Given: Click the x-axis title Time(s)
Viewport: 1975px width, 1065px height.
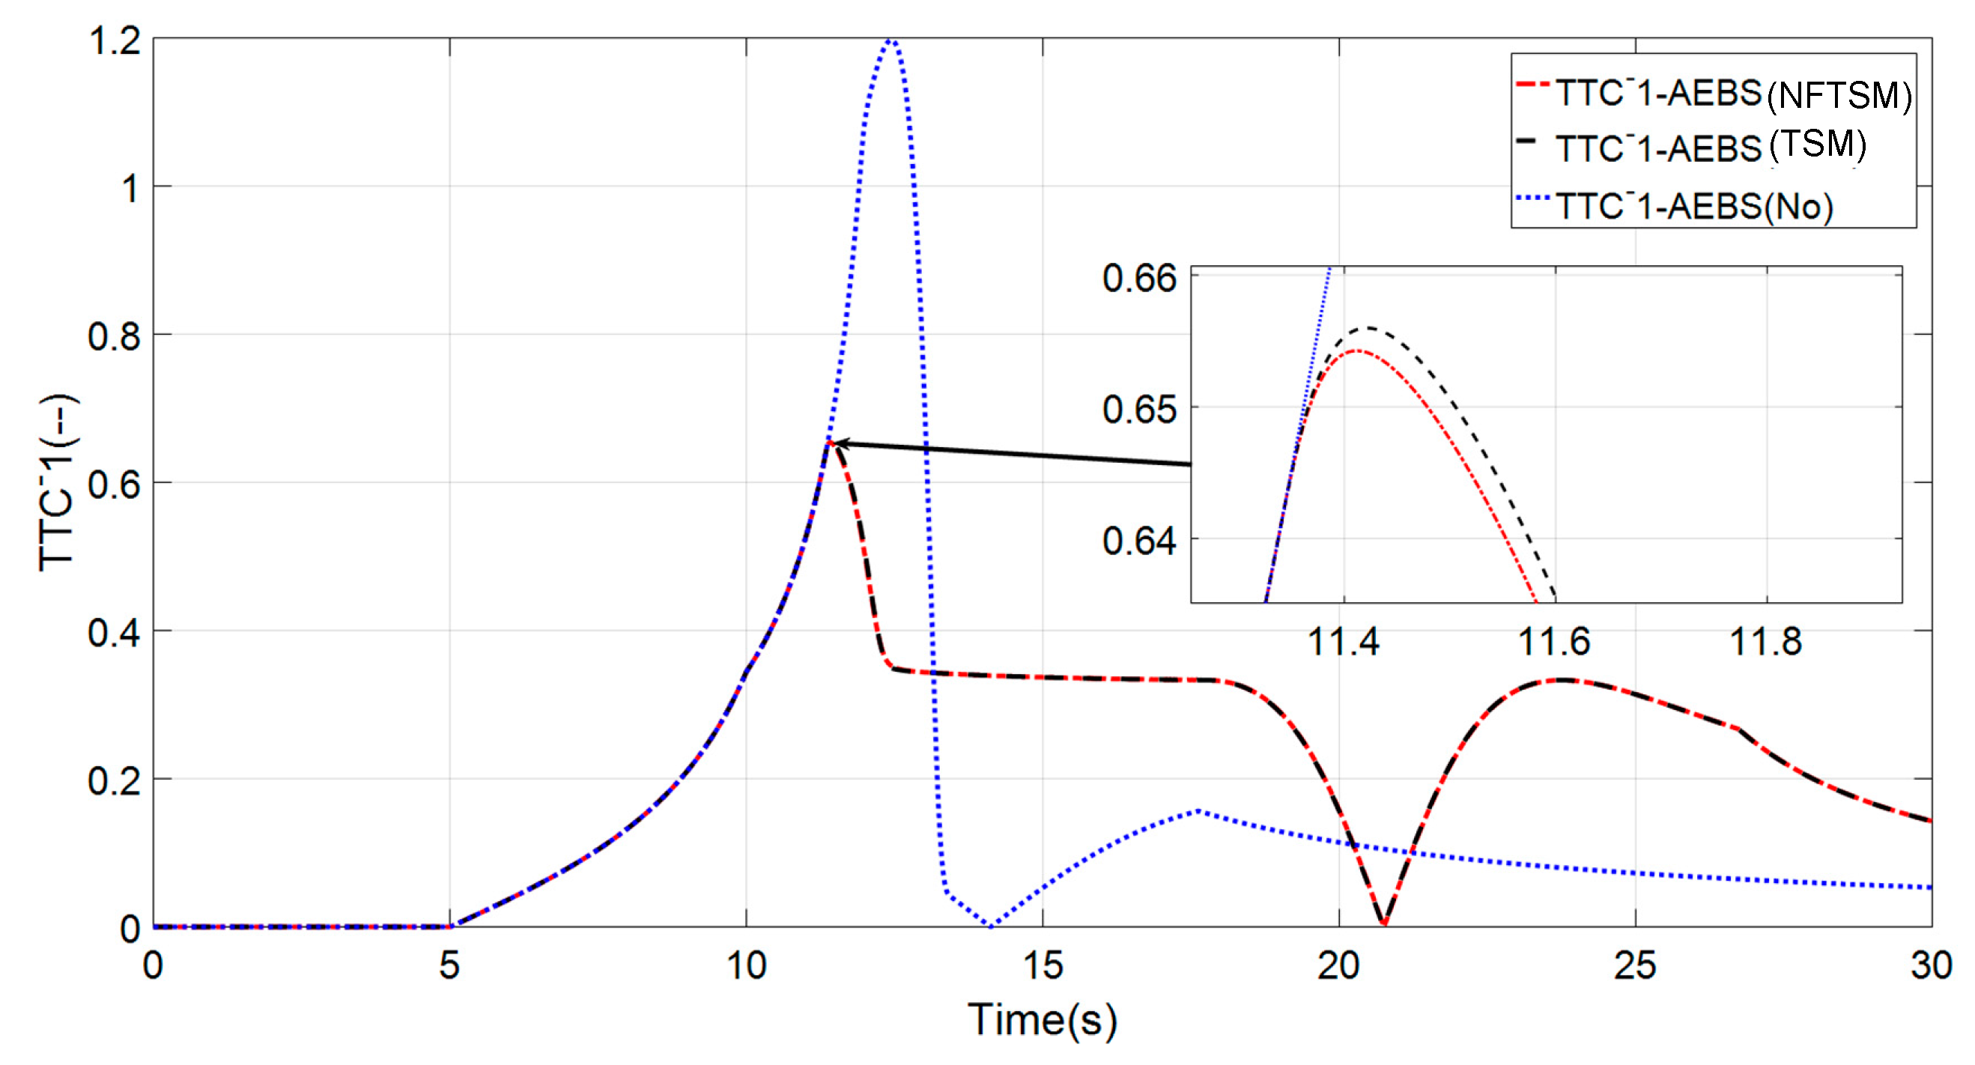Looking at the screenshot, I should [x=1043, y=1020].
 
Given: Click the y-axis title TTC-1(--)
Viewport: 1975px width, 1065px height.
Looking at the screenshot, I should [x=58, y=483].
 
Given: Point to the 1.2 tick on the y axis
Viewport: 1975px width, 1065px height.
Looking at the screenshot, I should [x=115, y=40].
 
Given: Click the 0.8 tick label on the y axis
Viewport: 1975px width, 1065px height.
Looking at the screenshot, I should [x=115, y=336].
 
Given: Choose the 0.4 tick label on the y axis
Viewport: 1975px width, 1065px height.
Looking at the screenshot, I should [x=115, y=633].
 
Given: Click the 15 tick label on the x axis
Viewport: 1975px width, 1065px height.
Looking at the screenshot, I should [x=1043, y=965].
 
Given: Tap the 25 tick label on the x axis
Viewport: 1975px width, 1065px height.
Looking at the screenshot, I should [x=1636, y=965].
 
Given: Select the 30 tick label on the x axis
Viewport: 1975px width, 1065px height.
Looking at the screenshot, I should [x=1931, y=965].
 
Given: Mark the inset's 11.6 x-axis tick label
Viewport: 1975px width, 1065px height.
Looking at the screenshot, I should [x=1554, y=641].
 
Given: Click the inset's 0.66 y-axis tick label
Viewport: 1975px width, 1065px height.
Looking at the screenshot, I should [x=1138, y=278].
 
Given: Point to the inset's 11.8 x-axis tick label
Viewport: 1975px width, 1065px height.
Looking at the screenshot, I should [x=1766, y=641].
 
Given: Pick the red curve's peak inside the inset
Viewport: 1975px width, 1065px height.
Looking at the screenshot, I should [x=1357, y=351].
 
